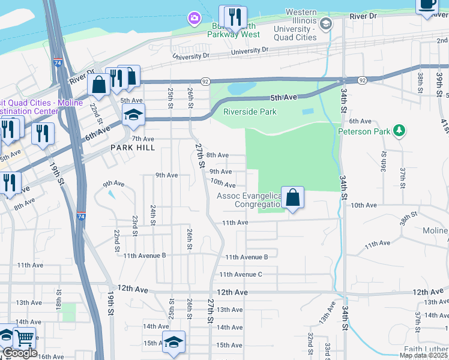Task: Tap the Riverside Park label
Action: tap(250, 112)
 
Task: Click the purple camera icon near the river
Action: tap(194, 19)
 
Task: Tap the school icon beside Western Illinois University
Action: tap(326, 24)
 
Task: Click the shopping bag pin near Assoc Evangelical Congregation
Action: tap(292, 197)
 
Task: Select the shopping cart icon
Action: tap(25, 338)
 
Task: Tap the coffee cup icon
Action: tap(427, 5)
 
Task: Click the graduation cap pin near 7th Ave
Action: tap(134, 115)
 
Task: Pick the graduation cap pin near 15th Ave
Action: tap(173, 341)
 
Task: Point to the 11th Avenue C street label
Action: tap(241, 274)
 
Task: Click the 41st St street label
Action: tap(444, 126)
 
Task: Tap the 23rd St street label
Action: tap(135, 226)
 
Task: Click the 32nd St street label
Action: tap(311, 343)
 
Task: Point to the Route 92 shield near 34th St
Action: tap(363, 80)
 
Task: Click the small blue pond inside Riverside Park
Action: tap(307, 112)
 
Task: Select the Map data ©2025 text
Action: tap(424, 355)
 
